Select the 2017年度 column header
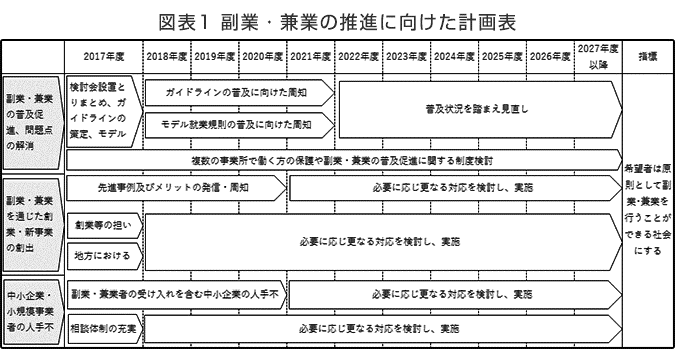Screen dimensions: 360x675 point(103,56)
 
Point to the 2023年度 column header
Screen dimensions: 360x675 point(407,56)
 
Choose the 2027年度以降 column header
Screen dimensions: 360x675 point(597,56)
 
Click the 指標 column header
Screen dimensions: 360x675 point(646,56)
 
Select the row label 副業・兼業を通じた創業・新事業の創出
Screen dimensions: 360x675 point(32,213)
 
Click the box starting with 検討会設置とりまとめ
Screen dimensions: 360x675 point(103,110)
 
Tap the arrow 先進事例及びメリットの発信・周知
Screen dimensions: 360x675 point(175,186)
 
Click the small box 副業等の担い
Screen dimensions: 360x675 point(104,227)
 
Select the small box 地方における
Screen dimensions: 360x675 point(104,256)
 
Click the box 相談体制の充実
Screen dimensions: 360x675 point(104,327)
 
